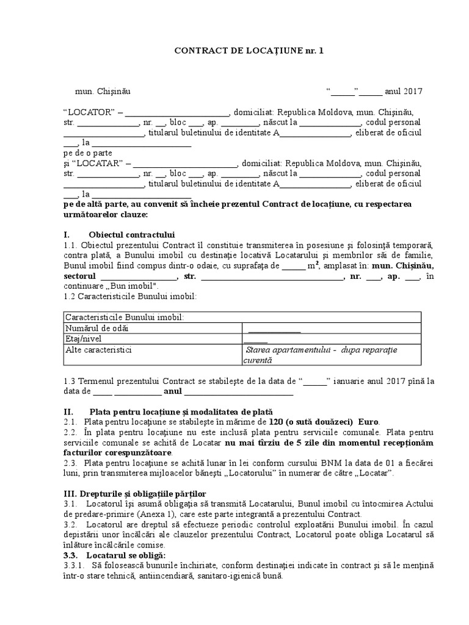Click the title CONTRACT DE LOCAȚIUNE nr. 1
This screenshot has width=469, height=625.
[x=249, y=51]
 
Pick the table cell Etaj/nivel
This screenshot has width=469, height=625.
[x=84, y=339]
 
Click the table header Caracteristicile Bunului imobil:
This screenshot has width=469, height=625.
[x=124, y=317]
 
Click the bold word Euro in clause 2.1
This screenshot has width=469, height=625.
[x=368, y=422]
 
